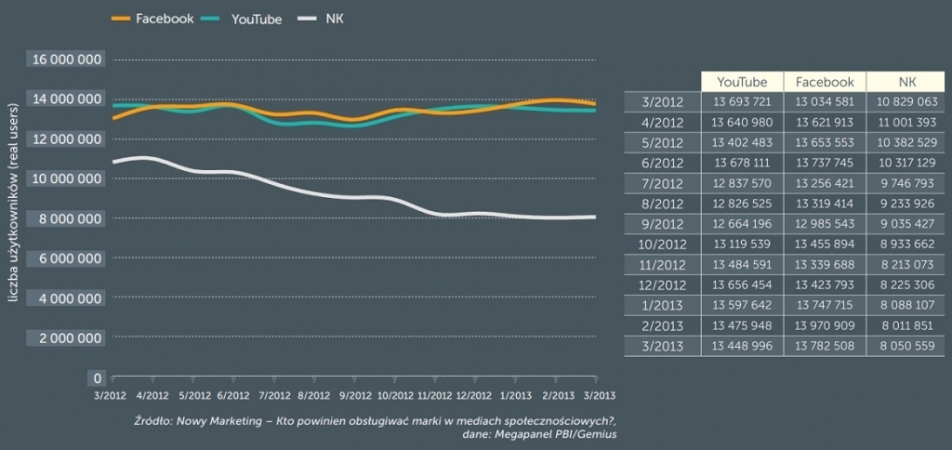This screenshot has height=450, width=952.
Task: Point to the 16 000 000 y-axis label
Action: click(68, 60)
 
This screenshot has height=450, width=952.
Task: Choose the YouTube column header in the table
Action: click(742, 82)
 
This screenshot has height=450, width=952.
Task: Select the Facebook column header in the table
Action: click(825, 82)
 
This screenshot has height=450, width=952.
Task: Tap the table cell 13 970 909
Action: click(825, 327)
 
